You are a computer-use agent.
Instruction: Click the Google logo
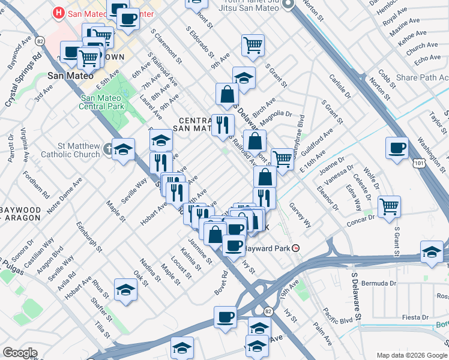pos(20,353)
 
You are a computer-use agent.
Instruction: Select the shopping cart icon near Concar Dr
pos(390,208)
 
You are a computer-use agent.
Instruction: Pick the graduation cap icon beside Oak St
pos(125,290)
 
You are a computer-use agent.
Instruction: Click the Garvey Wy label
pos(300,215)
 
